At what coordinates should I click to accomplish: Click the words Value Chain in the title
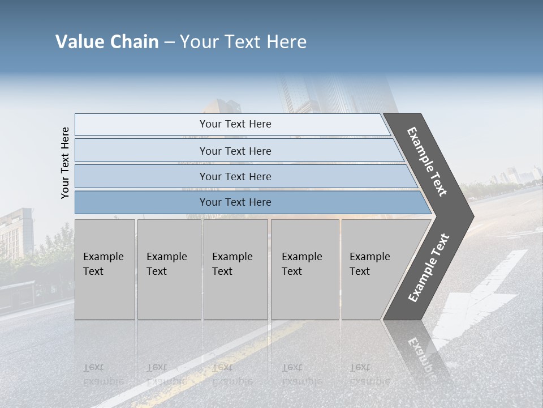coord(107,42)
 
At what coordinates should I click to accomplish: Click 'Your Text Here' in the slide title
coord(243,42)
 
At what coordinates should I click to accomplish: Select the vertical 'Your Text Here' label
coord(65,163)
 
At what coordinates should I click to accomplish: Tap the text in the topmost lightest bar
coord(235,124)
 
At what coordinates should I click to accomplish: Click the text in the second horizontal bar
coord(235,151)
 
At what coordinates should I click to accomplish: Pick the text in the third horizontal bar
coord(235,176)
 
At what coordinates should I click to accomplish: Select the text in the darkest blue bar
coord(235,202)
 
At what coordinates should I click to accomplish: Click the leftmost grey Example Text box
coord(105,269)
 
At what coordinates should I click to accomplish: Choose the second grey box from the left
coord(169,269)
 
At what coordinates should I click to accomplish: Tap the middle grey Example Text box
coord(235,269)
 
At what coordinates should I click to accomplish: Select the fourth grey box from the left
coord(304,269)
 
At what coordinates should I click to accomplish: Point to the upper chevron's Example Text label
coord(427,161)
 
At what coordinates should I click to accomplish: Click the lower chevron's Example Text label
coord(429,267)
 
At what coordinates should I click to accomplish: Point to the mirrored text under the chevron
coord(421,354)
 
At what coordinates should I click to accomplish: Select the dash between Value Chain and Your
coord(169,42)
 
